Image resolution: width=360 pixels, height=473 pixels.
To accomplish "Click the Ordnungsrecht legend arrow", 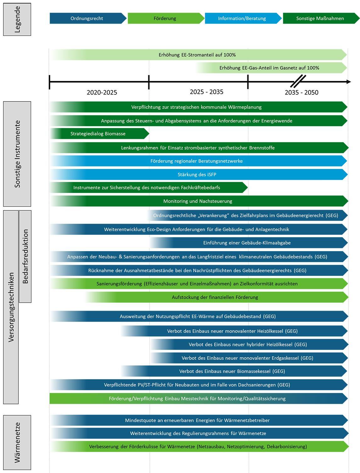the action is (88, 18).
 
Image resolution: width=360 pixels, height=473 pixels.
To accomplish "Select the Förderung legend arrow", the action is (166, 18).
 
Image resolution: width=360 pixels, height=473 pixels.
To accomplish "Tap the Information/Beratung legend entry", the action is (243, 18).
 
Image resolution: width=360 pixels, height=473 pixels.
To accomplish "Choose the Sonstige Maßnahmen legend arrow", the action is (321, 18).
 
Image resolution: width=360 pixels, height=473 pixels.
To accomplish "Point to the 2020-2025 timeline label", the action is (102, 93).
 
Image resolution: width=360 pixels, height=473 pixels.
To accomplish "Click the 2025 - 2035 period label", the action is (207, 92).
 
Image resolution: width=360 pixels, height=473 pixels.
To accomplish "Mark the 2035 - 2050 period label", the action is (301, 93).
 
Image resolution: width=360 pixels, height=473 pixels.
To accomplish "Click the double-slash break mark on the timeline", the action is (298, 81).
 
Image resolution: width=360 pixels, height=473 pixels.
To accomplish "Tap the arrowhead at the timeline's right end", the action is (349, 82).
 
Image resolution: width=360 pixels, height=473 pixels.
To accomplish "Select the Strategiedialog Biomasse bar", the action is (99, 134).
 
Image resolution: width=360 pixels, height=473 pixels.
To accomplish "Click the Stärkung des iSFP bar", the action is (199, 174).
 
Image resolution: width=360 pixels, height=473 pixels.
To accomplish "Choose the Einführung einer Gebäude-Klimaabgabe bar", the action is (248, 243).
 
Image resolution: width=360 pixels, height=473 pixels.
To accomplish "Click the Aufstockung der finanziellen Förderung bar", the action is (217, 297).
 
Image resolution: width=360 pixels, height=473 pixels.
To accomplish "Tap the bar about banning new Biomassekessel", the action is (234, 371).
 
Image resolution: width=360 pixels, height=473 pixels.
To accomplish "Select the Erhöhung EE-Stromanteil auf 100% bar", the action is (199, 55).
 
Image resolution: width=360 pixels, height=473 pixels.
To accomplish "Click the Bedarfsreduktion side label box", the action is (25, 256).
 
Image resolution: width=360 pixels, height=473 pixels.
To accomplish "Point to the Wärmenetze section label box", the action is (17, 442).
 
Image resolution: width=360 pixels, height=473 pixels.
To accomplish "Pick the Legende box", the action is (17, 20).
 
